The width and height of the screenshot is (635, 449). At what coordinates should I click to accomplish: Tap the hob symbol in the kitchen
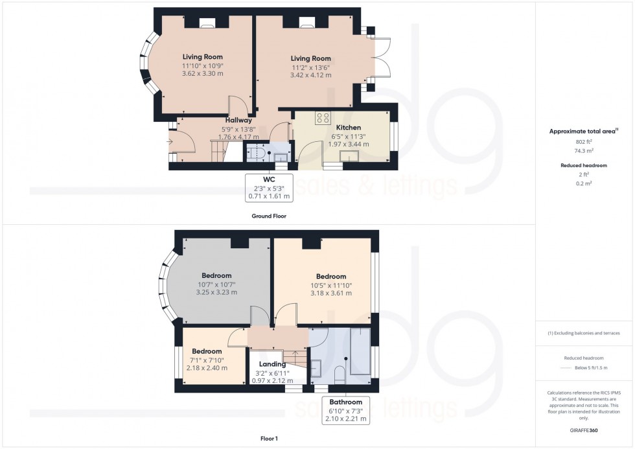[x=322, y=117]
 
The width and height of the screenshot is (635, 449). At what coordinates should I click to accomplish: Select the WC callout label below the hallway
[x=268, y=187]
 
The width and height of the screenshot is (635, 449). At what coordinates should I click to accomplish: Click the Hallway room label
[x=238, y=120]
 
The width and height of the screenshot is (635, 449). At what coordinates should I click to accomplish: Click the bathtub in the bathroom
[x=359, y=354]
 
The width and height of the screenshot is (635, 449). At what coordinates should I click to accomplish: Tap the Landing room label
[x=272, y=364]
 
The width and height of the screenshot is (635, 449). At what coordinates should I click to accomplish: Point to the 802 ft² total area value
[x=584, y=142]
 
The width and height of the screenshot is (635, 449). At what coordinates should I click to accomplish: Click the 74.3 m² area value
[x=584, y=150]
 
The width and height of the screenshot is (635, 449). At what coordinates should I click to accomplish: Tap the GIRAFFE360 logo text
[x=584, y=430]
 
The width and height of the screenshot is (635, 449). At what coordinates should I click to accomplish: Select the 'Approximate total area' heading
[x=583, y=132]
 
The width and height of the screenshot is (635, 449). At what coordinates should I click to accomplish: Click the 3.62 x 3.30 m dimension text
[x=202, y=74]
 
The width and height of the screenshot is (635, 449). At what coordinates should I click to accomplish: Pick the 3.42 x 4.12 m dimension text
[x=310, y=75]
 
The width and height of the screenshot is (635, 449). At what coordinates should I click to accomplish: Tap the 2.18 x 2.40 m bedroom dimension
[x=206, y=368]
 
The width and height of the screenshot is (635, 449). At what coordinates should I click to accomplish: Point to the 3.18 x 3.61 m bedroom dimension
[x=330, y=294]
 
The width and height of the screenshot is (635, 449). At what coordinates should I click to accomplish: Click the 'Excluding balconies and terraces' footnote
[x=584, y=333]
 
